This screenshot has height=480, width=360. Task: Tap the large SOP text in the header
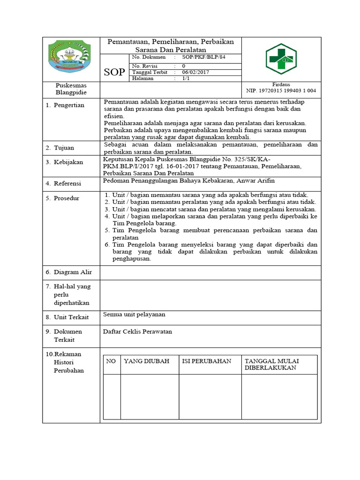point(114,72)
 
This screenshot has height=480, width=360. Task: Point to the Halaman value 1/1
point(186,79)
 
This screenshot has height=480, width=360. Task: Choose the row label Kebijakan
point(68,162)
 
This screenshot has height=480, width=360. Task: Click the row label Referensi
point(67,184)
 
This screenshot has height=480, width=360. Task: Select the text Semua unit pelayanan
point(134,315)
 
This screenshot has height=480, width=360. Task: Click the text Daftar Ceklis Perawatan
point(137,331)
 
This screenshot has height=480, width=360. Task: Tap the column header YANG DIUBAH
point(146,361)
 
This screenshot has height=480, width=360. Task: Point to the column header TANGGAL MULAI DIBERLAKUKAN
point(272,364)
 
